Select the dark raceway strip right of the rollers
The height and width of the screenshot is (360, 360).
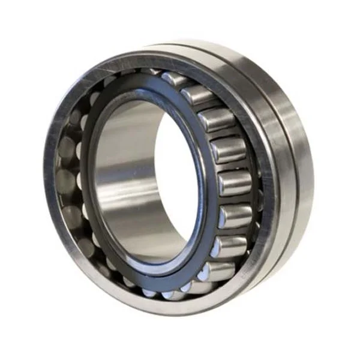pos(255,180)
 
